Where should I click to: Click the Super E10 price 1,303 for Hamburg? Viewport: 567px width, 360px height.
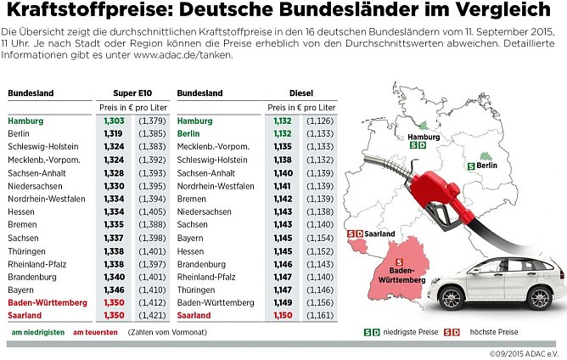(113, 121)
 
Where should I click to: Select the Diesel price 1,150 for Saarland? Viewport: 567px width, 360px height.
(283, 315)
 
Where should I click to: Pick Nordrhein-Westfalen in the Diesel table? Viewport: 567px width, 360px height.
(216, 186)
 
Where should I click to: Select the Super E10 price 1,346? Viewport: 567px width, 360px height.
(113, 290)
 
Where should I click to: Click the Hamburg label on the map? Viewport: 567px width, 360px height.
(424, 137)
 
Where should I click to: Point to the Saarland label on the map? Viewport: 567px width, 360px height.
(377, 233)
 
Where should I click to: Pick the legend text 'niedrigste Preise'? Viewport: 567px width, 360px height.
(411, 332)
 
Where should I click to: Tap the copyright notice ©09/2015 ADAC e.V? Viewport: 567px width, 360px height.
(526, 353)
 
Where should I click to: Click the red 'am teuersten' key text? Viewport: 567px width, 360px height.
(94, 332)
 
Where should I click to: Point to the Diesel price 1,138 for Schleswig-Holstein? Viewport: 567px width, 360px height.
(283, 160)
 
